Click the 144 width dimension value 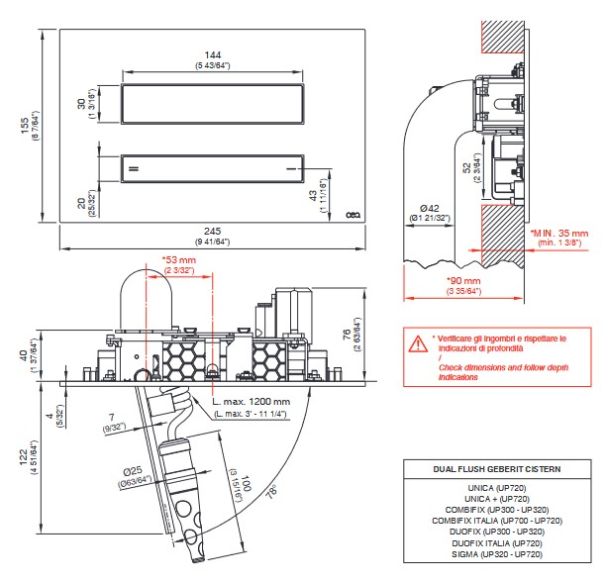[213, 55]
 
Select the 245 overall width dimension [212, 231]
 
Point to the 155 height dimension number [25, 126]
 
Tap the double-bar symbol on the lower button [134, 168]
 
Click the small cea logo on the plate [353, 215]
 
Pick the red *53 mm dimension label [179, 259]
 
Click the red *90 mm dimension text [463, 280]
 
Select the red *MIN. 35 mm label [559, 233]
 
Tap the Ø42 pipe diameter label [430, 208]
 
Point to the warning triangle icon [418, 343]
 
